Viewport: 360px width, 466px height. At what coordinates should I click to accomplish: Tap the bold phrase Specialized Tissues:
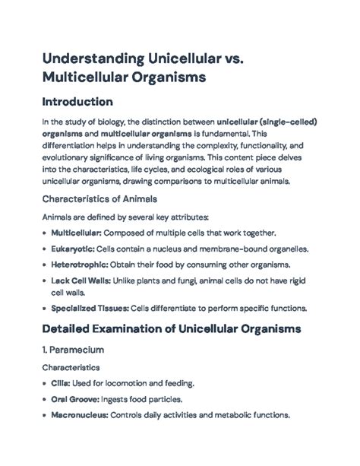(x=87, y=309)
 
